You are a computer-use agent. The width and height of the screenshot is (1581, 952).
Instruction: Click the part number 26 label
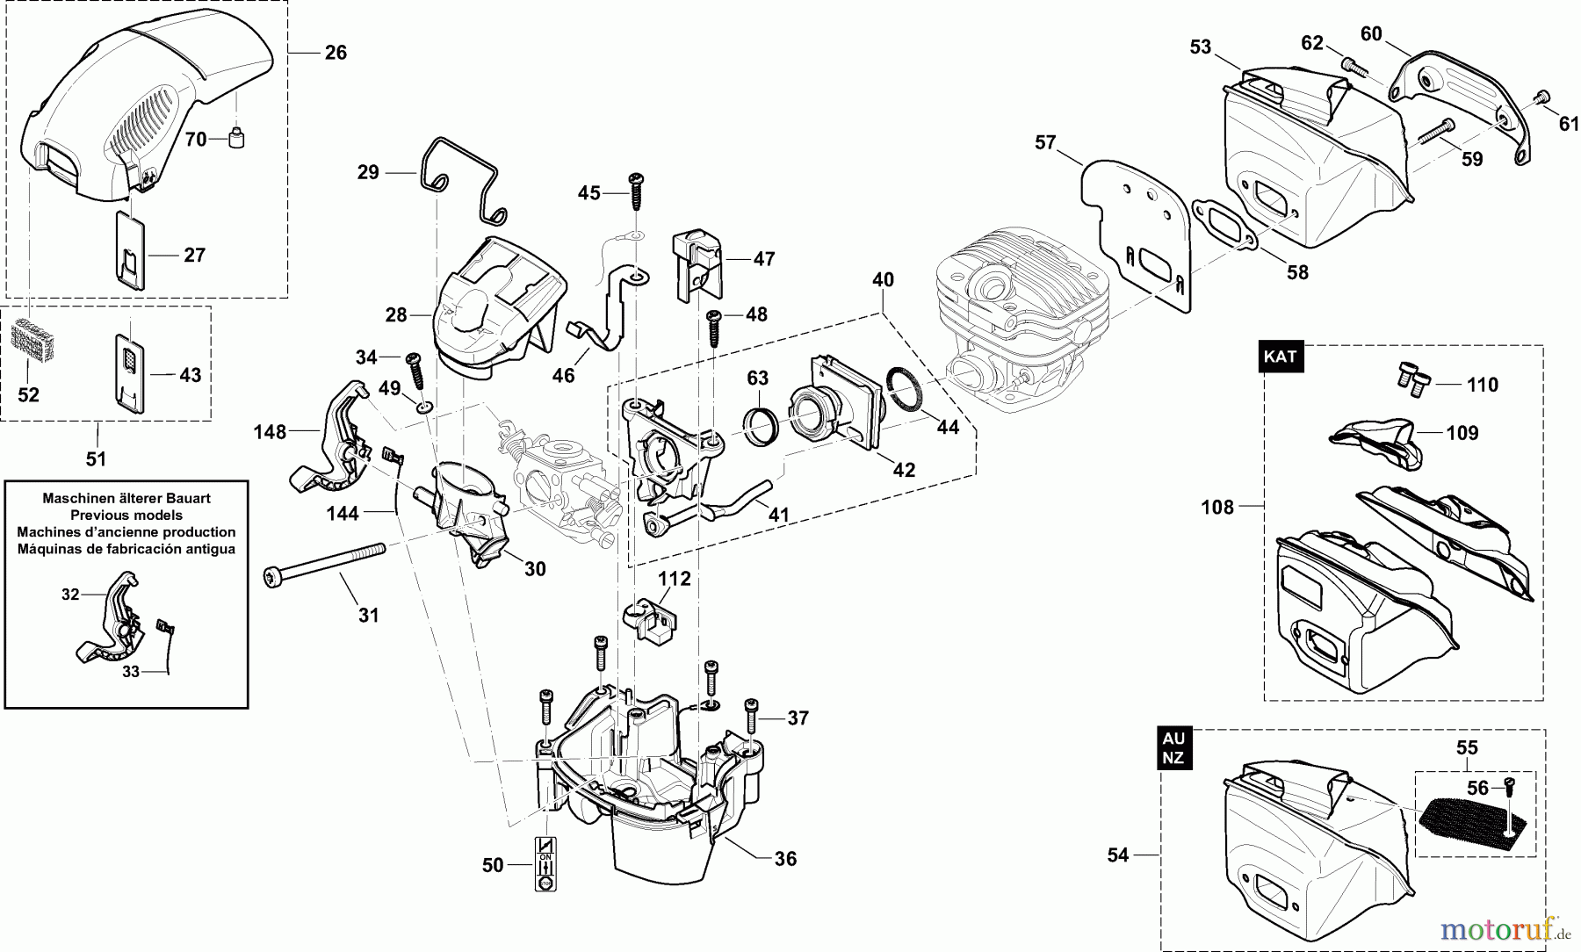tap(336, 53)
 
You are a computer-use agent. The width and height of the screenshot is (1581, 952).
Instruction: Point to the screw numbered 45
tap(634, 191)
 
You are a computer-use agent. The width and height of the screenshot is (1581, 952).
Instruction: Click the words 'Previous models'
tap(126, 515)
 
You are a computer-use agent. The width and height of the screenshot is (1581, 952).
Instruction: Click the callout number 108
tap(1216, 507)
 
